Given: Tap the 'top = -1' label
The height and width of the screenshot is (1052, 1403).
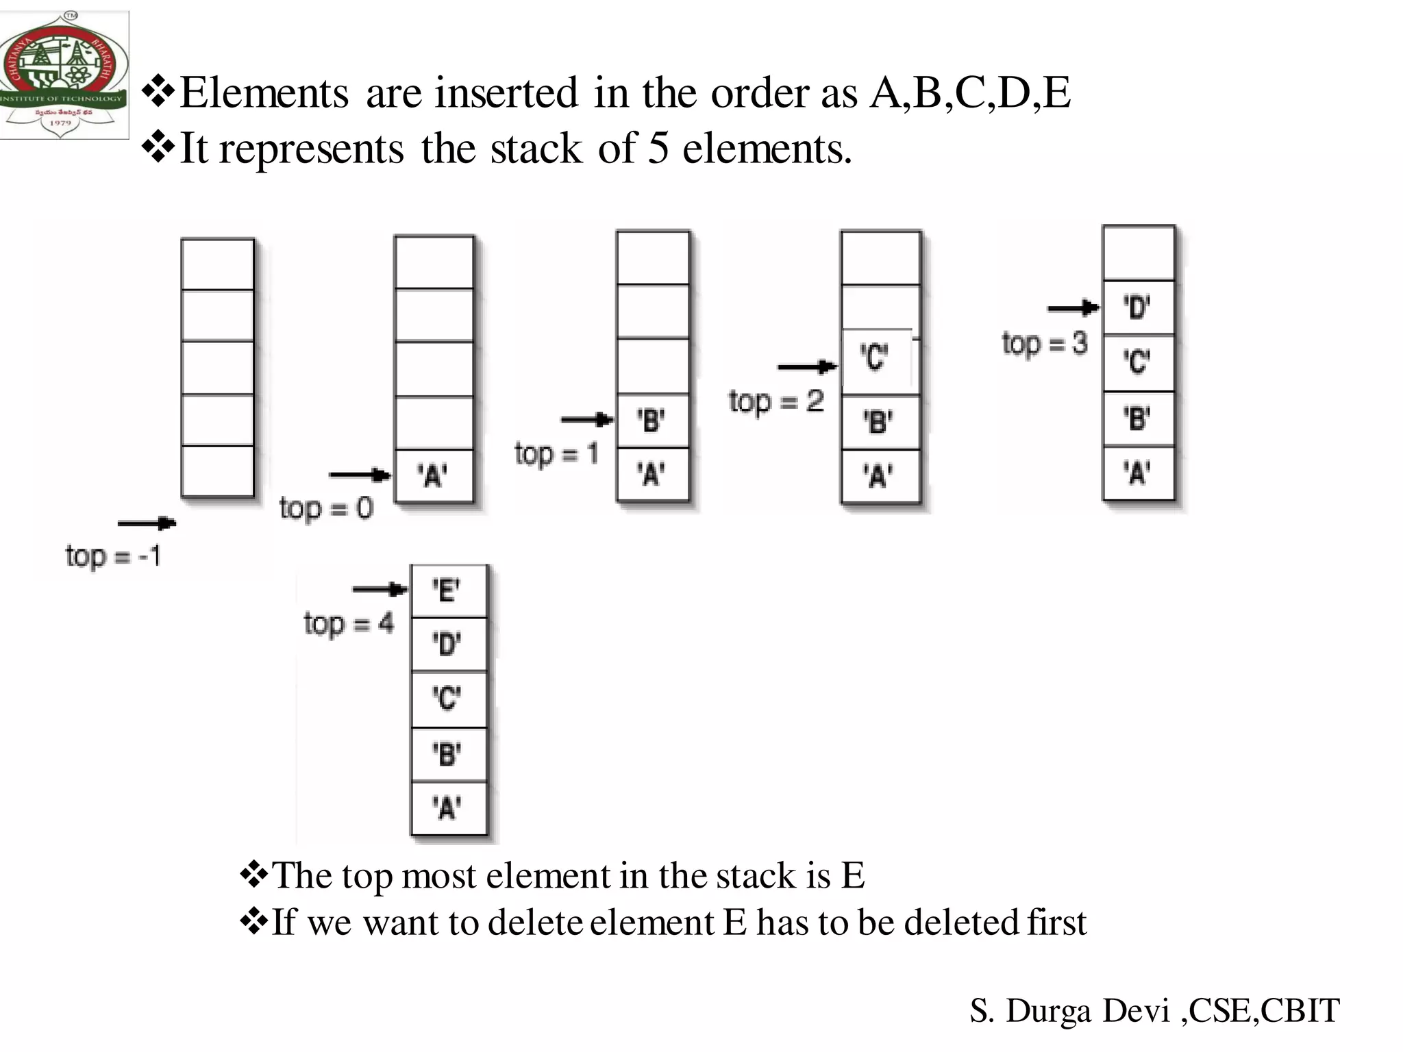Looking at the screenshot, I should coord(113,555).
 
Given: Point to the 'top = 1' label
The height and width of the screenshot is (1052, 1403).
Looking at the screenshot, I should coord(556,453).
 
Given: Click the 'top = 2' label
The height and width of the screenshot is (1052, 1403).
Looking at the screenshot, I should coord(775,401).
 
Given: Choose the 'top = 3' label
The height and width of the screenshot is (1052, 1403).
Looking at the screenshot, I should coord(1044,343).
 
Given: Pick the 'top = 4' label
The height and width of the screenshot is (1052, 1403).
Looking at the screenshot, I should coord(349,624).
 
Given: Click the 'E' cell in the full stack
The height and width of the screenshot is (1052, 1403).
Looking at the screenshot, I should coord(447,590).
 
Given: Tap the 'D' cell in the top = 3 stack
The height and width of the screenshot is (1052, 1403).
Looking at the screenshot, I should coord(1137,308).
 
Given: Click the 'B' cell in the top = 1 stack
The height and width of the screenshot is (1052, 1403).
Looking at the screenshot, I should coord(651,421).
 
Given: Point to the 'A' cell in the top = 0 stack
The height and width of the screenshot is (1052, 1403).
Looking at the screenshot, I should coord(433,475).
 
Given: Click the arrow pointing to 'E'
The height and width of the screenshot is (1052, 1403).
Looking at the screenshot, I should coord(380,589).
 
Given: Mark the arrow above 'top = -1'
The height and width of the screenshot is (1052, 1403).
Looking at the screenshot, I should coord(147,524).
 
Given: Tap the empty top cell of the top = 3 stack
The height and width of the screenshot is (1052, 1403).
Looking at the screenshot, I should coord(1138,253).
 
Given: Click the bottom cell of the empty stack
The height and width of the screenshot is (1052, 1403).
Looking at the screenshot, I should coord(217,471).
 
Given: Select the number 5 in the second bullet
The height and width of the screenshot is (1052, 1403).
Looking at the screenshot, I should coord(658,148).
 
